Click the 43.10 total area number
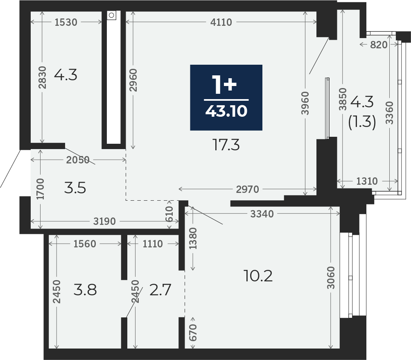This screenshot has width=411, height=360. pyautogui.click(x=226, y=111)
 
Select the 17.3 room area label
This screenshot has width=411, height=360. pyautogui.click(x=226, y=145)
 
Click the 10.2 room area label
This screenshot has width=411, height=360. pyautogui.click(x=258, y=276)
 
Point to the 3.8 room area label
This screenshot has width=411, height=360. pyautogui.click(x=85, y=290)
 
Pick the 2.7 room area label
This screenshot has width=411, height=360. pyautogui.click(x=160, y=290)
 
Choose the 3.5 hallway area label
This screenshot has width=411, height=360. pyautogui.click(x=75, y=188)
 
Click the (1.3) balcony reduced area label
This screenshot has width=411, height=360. pyautogui.click(x=362, y=122)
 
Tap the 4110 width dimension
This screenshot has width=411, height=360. pyautogui.click(x=221, y=22)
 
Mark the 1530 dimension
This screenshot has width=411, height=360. pyautogui.click(x=66, y=22)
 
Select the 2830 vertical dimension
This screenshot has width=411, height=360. pyautogui.click(x=42, y=77)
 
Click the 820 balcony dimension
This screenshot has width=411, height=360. pyautogui.click(x=379, y=45)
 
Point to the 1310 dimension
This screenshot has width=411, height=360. pyautogui.click(x=367, y=181)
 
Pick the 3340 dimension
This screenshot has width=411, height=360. pyautogui.click(x=262, y=214)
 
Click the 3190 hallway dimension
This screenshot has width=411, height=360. pyautogui.click(x=104, y=221)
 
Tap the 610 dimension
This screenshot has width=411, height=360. pyautogui.click(x=169, y=214)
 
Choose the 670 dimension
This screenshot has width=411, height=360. pyautogui.click(x=193, y=333)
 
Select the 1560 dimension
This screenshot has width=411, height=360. pyautogui.click(x=85, y=244)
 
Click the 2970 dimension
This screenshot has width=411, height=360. pyautogui.click(x=247, y=189)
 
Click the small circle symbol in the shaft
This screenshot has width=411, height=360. pyautogui.click(x=111, y=15)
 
